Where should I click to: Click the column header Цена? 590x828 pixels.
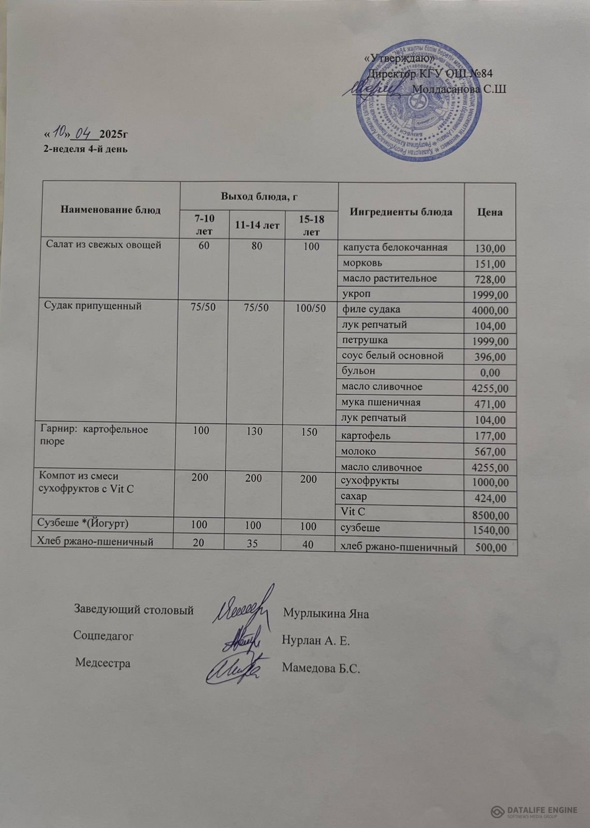coord(490,212)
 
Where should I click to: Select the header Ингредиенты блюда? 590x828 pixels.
coord(401,212)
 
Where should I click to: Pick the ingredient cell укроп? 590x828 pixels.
coord(356,294)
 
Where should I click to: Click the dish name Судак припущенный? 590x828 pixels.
coord(94,306)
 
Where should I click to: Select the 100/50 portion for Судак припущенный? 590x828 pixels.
coord(310,308)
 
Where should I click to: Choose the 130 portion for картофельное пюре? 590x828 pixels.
coord(255,431)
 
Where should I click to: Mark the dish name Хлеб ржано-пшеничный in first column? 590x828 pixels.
coord(95,542)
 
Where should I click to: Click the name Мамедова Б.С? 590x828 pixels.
coord(321,668)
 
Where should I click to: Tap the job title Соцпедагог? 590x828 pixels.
coord(103,635)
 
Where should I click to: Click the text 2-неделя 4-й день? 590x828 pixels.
coord(85,149)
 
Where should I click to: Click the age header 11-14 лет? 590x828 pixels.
coord(257,226)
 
